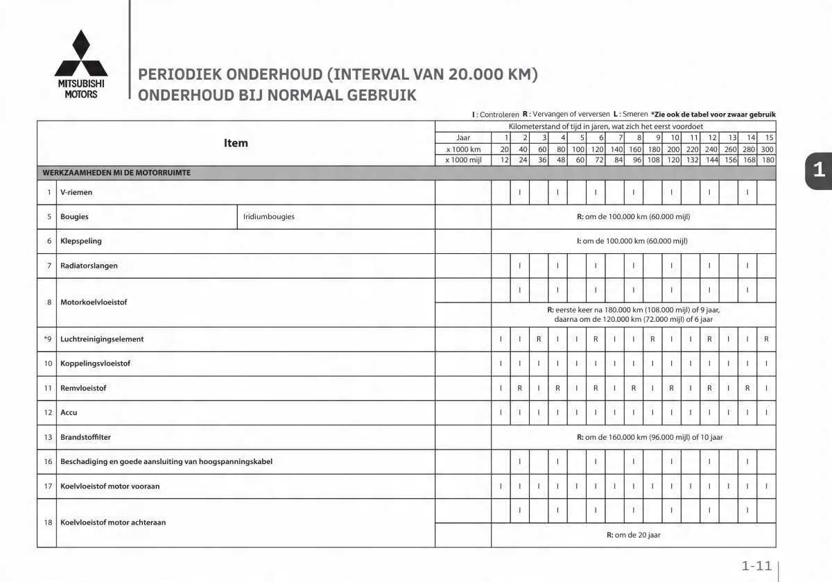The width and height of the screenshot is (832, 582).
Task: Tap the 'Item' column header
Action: [x=236, y=144]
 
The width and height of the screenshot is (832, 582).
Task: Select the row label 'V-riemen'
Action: [x=76, y=192]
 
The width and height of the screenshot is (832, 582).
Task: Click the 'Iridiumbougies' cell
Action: [x=269, y=216]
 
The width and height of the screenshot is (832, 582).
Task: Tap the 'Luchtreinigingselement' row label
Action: [x=102, y=339]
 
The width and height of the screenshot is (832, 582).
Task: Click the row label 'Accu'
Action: [x=69, y=413]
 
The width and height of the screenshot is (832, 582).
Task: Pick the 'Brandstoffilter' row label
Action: [x=85, y=437]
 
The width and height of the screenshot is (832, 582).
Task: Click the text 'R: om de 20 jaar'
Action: [x=633, y=535]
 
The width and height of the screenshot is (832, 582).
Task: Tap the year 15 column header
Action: [x=768, y=137]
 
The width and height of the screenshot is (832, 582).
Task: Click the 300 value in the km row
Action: [x=766, y=149]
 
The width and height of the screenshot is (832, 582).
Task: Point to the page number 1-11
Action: [x=756, y=567]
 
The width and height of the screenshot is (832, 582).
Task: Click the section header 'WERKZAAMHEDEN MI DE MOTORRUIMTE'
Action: [x=117, y=173]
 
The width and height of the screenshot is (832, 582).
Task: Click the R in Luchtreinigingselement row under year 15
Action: [x=765, y=339]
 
